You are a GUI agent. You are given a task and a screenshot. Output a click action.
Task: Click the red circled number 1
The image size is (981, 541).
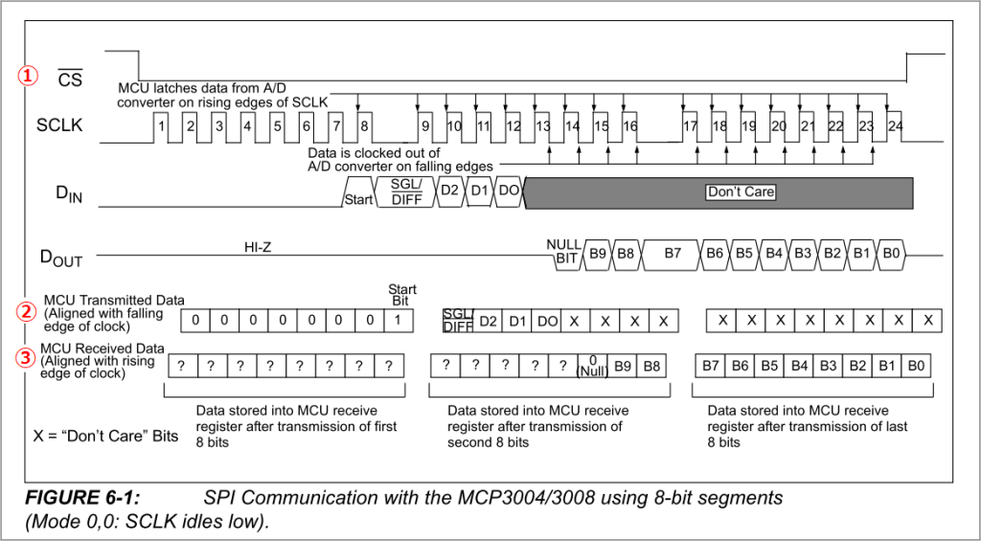point(30,75)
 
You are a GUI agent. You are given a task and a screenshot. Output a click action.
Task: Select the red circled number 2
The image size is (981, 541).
point(30,311)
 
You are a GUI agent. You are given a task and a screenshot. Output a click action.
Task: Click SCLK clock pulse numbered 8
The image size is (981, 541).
point(365,125)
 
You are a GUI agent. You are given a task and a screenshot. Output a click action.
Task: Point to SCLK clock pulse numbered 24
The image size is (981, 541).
point(895,125)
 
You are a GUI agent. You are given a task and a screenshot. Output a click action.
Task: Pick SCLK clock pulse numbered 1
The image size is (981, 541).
point(163,125)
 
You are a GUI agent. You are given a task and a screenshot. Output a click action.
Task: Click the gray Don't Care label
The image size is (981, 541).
point(741,192)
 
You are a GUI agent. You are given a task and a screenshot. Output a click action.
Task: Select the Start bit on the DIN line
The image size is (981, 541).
point(359,199)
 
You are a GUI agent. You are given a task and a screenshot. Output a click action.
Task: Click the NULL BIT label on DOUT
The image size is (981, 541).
point(563,252)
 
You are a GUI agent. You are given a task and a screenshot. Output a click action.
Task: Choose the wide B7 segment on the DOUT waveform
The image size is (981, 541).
point(673,254)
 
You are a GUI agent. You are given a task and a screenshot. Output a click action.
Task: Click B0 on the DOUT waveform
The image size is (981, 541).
point(892,254)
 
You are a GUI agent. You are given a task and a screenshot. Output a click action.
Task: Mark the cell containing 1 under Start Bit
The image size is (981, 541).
point(398,320)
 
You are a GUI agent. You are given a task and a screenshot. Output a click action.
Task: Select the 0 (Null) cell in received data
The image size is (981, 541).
point(593,367)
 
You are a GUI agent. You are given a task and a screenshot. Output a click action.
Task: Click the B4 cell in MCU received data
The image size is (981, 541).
point(798,366)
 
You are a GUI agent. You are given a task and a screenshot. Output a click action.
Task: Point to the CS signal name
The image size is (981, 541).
point(70,79)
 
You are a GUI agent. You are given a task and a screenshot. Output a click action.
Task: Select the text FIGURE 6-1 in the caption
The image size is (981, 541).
point(82,498)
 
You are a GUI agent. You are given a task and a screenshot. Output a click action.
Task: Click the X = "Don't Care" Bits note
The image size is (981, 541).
point(105,436)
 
